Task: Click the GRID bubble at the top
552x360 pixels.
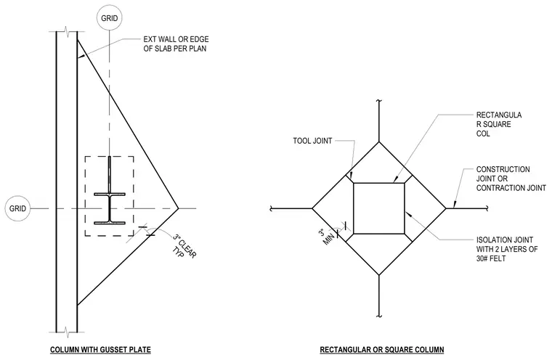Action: [x=109, y=18]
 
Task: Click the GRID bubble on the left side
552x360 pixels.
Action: [x=17, y=208]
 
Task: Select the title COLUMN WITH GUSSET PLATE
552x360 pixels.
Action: [x=100, y=350]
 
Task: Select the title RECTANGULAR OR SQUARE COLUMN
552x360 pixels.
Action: [x=381, y=350]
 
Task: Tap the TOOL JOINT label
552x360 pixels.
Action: [x=312, y=141]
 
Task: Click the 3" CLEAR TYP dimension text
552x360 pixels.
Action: [x=184, y=246]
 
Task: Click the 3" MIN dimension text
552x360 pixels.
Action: [x=326, y=237]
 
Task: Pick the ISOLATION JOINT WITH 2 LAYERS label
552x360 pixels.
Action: [x=507, y=249]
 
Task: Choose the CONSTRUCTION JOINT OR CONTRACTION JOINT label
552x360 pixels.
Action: [x=511, y=179]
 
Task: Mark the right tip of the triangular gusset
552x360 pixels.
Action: [x=178, y=208]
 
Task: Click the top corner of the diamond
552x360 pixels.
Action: [x=379, y=142]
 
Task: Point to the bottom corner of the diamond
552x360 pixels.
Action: [x=379, y=275]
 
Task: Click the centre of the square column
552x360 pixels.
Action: [x=379, y=208]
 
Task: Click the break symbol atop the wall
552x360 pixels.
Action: [x=67, y=32]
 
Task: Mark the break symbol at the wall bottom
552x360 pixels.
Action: [x=67, y=331]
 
